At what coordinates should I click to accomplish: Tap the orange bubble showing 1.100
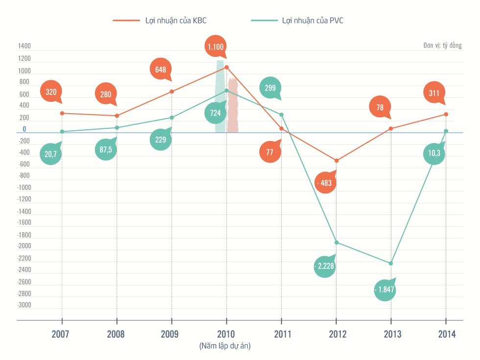(216, 47)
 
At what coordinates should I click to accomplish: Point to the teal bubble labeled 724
(216, 113)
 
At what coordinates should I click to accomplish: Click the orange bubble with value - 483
(325, 183)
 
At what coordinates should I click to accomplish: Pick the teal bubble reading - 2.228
(325, 266)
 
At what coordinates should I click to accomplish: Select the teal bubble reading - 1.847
(384, 289)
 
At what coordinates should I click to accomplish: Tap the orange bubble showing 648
(161, 70)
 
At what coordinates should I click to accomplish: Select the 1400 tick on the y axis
(24, 47)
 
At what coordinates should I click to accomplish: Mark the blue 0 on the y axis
(24, 130)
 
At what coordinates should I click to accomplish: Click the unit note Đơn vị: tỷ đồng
(442, 46)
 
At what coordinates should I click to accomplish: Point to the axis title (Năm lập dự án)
(225, 346)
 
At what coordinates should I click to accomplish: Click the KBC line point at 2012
(336, 161)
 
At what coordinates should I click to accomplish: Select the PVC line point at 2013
(391, 264)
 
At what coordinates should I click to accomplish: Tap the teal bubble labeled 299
(270, 88)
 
